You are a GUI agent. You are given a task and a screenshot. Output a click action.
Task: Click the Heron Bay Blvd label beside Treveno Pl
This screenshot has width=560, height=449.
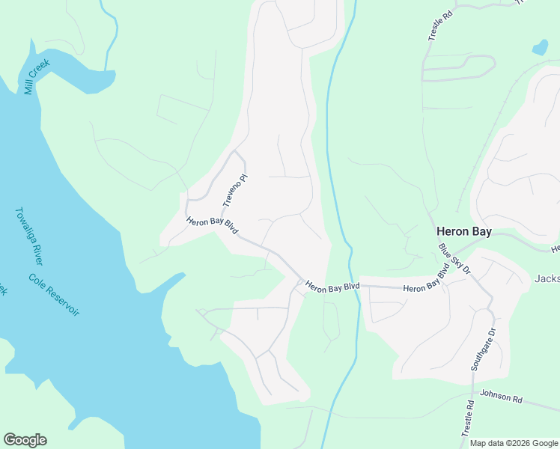tap(212, 225)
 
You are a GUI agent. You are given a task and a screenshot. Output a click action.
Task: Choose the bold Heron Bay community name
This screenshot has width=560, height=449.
tap(464, 232)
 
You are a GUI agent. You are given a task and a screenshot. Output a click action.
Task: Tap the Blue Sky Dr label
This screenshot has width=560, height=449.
tap(454, 257)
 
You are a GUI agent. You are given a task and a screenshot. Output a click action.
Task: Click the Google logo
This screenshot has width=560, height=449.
tap(25, 440)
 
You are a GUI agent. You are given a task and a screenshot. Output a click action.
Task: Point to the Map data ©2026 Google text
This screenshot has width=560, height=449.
tap(514, 443)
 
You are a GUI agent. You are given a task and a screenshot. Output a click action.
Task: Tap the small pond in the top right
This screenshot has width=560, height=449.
tap(539, 49)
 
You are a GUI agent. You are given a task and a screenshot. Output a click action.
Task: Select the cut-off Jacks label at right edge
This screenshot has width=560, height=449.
tap(547, 278)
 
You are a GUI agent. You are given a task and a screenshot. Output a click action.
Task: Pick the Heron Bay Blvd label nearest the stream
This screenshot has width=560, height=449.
tap(332, 287)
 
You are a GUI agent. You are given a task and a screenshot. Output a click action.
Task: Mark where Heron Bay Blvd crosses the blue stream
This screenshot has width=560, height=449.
tap(356, 286)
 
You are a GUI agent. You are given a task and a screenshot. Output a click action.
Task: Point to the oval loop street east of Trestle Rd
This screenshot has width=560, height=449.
tap(458, 67)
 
